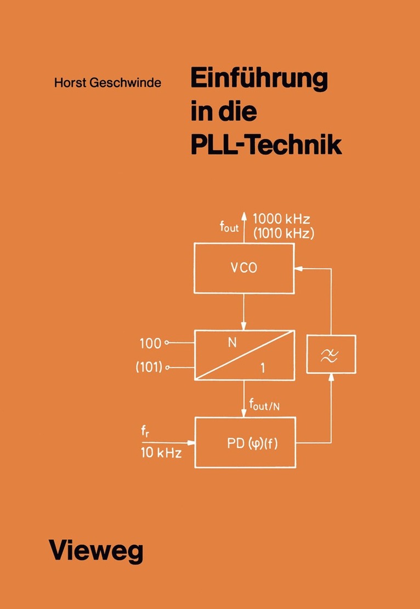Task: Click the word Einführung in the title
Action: pyautogui.click(x=258, y=80)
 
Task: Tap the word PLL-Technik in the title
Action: pyautogui.click(x=265, y=145)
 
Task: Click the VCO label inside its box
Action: pyautogui.click(x=244, y=270)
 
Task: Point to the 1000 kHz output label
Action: pyautogui.click(x=281, y=217)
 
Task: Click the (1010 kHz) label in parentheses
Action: pyautogui.click(x=282, y=233)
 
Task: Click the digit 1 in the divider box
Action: pyautogui.click(x=263, y=369)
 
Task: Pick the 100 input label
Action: pyautogui.click(x=151, y=344)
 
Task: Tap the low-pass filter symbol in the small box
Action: pyautogui.click(x=331, y=355)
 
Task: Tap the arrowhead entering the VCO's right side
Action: pyautogui.click(x=298, y=269)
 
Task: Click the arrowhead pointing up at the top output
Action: pyautogui.click(x=245, y=217)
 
